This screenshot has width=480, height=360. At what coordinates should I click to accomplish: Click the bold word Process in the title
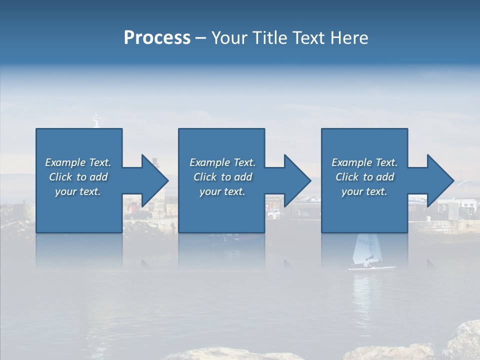pyautogui.click(x=157, y=38)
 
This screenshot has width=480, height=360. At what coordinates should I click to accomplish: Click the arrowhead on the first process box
pyautogui.click(x=155, y=180)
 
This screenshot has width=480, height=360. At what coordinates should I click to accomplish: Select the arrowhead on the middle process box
pyautogui.click(x=297, y=180)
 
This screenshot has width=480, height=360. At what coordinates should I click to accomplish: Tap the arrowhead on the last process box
pyautogui.click(x=440, y=180)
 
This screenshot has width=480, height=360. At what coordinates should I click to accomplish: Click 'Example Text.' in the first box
pyautogui.click(x=78, y=162)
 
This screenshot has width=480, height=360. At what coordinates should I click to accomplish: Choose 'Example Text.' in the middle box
pyautogui.click(x=222, y=162)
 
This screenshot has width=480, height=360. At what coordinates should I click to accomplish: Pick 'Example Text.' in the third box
pyautogui.click(x=364, y=162)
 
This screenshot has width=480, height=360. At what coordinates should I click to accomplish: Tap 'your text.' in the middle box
pyautogui.click(x=222, y=191)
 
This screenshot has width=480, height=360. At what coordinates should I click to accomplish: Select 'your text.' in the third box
pyautogui.click(x=364, y=191)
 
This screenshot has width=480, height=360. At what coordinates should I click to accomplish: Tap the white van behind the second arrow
pyautogui.click(x=273, y=213)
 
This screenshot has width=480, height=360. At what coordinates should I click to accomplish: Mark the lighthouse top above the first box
pyautogui.click(x=96, y=120)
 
